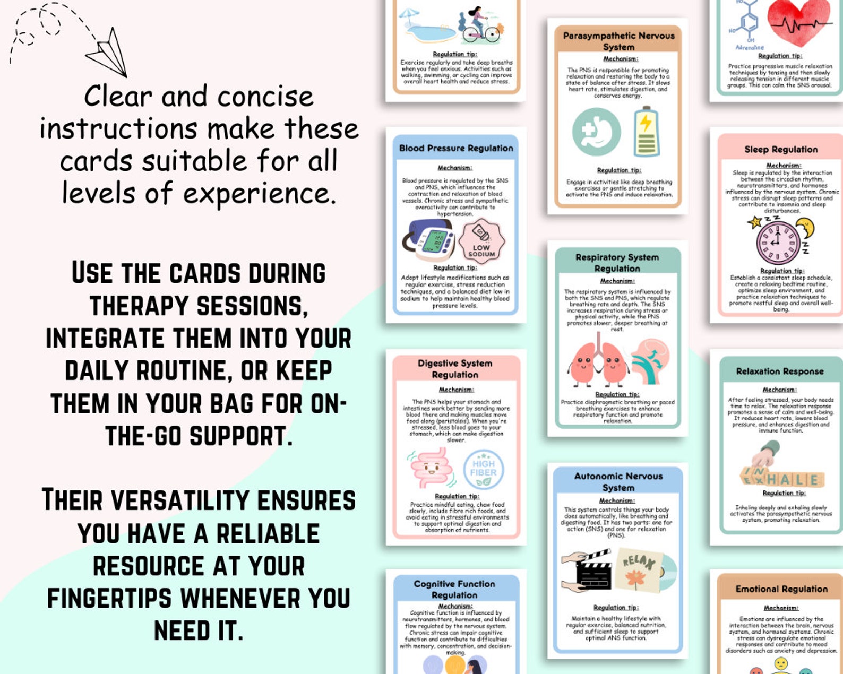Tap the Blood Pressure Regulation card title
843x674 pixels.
pos(456,149)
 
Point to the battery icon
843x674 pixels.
pos(646,132)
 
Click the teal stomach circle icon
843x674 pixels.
pos(596,132)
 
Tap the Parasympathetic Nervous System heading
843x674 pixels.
pos(618,41)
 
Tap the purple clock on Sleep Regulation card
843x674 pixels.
pos(778,241)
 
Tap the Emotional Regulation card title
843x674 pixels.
pos(781,589)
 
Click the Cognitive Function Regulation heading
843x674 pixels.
pos(454,590)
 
